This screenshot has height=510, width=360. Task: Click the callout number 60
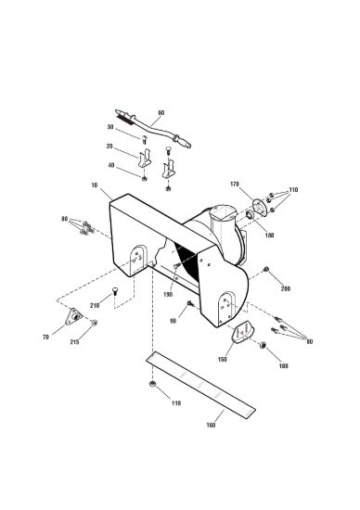tap(161, 113)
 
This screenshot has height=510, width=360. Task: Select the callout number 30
tap(110, 127)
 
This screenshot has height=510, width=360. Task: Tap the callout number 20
tap(109, 147)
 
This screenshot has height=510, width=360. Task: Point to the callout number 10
tap(95, 185)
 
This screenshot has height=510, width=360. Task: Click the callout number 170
tap(235, 185)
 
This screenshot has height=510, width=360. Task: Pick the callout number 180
tap(269, 236)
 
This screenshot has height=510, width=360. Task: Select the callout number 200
tap(286, 288)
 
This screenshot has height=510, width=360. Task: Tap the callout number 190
tap(168, 295)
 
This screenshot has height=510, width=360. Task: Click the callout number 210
tap(95, 305)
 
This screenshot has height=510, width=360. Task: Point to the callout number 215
tap(74, 342)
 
